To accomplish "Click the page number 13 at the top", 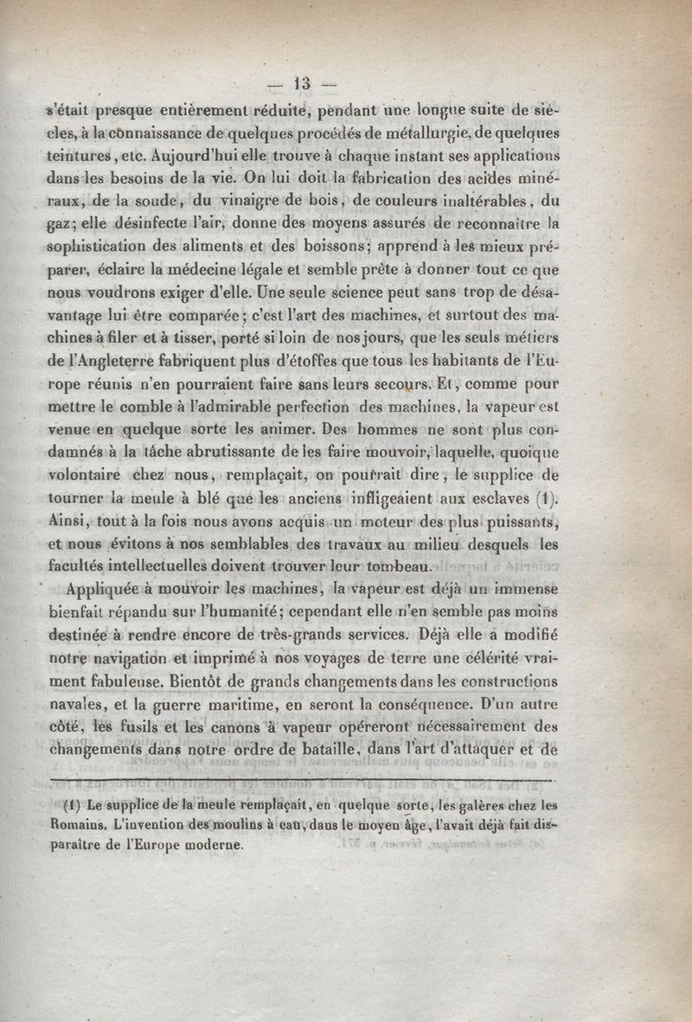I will coord(302,84).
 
